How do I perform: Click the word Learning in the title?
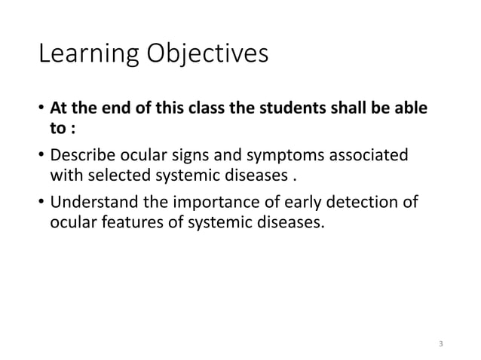pyautogui.click(x=83, y=56)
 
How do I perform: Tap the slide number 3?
pyautogui.click(x=441, y=345)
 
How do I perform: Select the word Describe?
pyautogui.click(x=81, y=156)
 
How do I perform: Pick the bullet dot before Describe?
pyautogui.click(x=41, y=157)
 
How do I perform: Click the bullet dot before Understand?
pyautogui.click(x=41, y=203)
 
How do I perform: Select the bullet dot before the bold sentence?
pyautogui.click(x=41, y=110)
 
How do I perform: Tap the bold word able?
pyautogui.click(x=412, y=109)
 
